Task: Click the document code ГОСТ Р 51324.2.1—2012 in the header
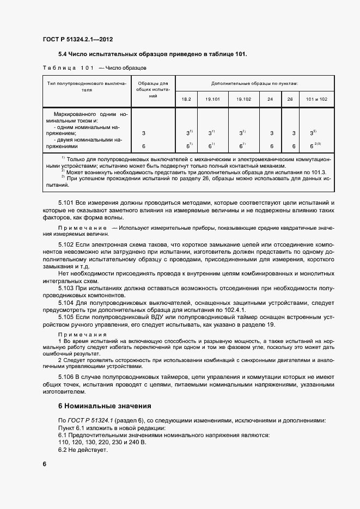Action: point(77,39)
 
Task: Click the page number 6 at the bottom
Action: point(45,463)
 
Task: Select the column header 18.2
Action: point(186,100)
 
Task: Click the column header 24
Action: point(270,100)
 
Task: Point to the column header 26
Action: point(289,100)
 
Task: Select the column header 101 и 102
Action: point(316,100)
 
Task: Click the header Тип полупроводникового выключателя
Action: point(87,87)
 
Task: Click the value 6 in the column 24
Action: point(271,146)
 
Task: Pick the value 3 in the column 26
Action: point(294,133)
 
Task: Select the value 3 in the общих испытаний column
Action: point(144,133)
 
